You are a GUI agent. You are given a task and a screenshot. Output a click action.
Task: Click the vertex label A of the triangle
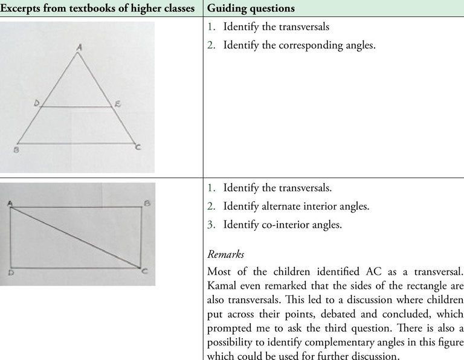(x=78, y=45)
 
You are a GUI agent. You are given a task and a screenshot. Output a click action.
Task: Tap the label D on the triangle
(x=36, y=104)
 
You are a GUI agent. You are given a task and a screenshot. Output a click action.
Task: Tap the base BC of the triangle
(x=76, y=144)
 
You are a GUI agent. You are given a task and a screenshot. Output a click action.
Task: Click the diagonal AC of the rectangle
(x=76, y=237)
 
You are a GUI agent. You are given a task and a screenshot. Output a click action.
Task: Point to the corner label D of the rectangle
(x=11, y=273)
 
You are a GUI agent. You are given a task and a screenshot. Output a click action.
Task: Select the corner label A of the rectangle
(x=10, y=204)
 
